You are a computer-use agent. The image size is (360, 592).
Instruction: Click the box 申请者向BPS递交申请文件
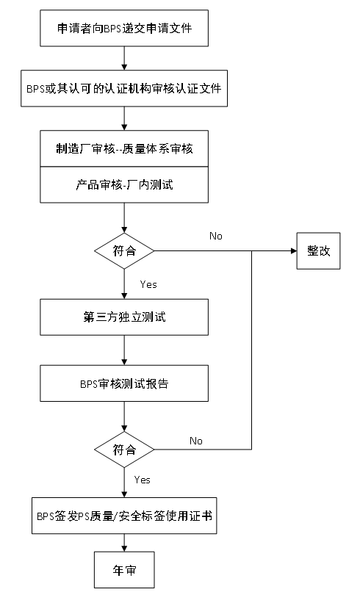[x=124, y=29]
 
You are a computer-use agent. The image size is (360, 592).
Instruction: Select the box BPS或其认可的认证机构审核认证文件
[x=124, y=88]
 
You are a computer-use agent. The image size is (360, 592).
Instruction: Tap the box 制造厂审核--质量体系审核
[x=124, y=148]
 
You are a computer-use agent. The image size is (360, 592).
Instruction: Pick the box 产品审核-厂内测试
[x=124, y=184]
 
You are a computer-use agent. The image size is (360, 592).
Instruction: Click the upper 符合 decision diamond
[x=124, y=250]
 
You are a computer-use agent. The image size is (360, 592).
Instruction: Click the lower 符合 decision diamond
[x=124, y=450]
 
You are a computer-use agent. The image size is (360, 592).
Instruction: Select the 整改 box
[x=318, y=250]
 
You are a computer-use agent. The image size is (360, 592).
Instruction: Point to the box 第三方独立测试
[x=124, y=317]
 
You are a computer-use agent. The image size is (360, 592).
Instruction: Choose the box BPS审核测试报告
[x=124, y=383]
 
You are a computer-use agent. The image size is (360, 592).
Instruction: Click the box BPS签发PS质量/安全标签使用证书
[x=124, y=516]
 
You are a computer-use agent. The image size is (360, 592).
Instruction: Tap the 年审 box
[x=124, y=570]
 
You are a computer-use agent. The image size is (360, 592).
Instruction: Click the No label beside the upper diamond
[x=216, y=236]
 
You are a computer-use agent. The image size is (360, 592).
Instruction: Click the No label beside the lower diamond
[x=196, y=441]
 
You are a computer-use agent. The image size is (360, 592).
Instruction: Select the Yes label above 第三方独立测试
[x=148, y=284]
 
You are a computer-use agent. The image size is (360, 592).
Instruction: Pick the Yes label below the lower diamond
[x=143, y=480]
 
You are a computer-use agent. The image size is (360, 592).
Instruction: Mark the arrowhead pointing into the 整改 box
[x=294, y=250]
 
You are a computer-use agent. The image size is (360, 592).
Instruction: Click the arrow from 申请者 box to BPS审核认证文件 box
[x=124, y=59]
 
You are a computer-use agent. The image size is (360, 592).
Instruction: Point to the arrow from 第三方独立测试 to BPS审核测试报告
[x=124, y=350]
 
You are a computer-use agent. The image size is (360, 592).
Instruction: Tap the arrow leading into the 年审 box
[x=124, y=543]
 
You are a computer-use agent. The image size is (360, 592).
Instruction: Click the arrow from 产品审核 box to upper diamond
[x=124, y=218]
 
